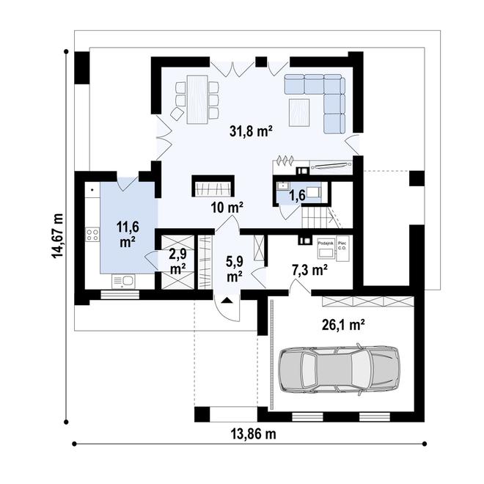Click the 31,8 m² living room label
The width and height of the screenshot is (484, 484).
pyautogui.click(x=252, y=132)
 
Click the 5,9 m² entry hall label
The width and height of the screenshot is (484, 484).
pyautogui.click(x=235, y=269)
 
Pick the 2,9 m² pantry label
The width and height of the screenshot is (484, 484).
pyautogui.click(x=177, y=261)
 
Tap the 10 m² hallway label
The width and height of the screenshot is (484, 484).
pyautogui.click(x=227, y=208)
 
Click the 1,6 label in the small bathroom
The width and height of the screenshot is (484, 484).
pyautogui.click(x=297, y=196)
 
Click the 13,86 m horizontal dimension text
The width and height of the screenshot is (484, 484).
pyautogui.click(x=251, y=433)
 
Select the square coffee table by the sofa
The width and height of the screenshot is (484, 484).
pyautogui.click(x=300, y=112)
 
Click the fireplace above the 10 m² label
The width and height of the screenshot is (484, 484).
pyautogui.click(x=213, y=186)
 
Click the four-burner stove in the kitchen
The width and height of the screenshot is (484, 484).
pyautogui.click(x=94, y=235)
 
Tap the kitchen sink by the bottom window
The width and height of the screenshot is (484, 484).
pyautogui.click(x=123, y=281)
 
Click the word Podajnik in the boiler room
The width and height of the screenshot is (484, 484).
pyautogui.click(x=326, y=242)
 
